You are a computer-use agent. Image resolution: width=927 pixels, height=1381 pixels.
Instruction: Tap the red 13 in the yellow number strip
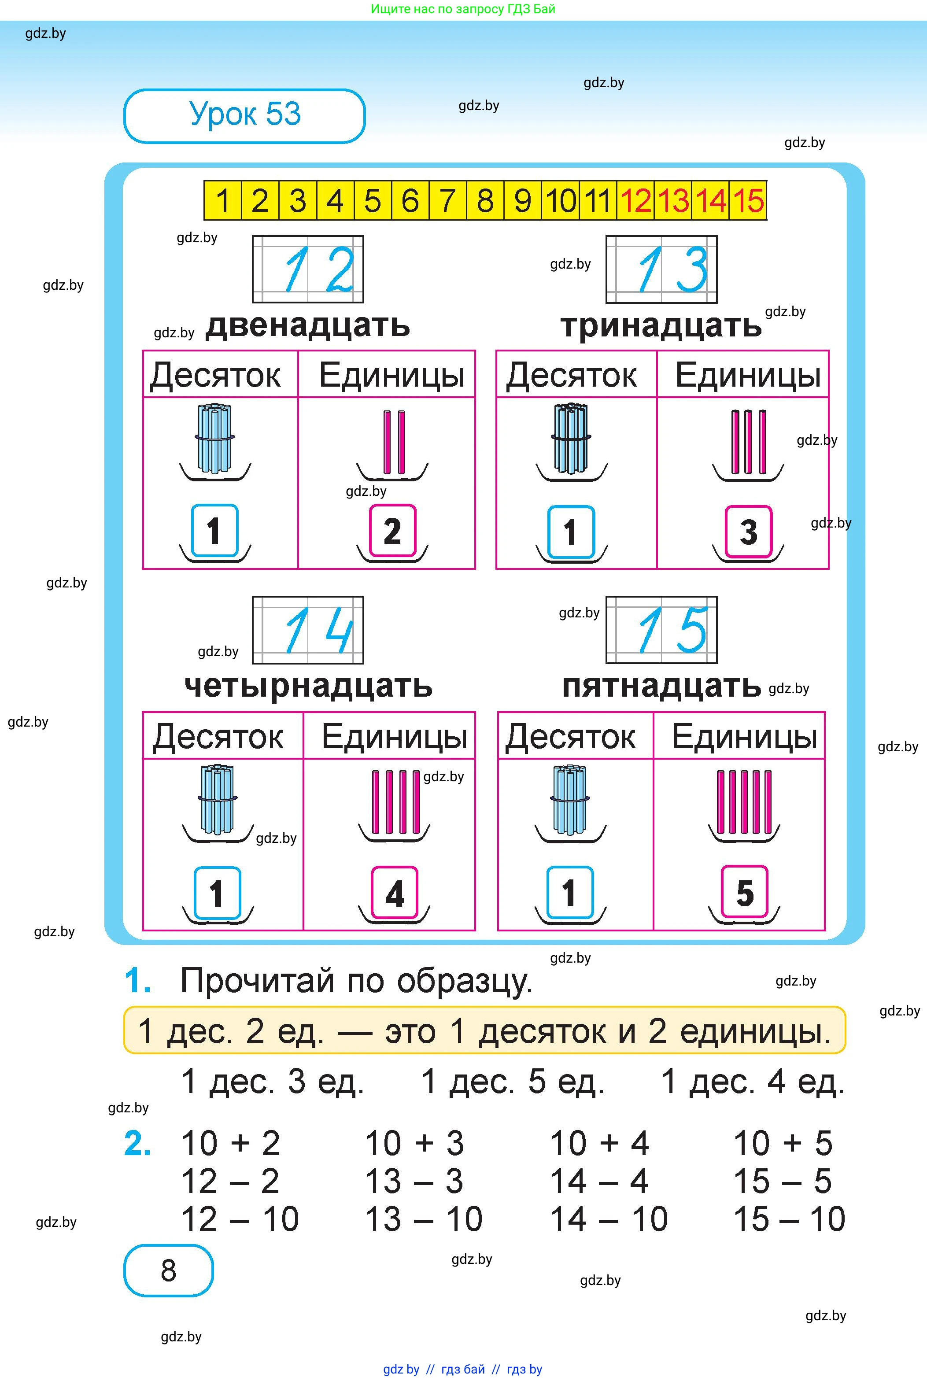[x=673, y=200]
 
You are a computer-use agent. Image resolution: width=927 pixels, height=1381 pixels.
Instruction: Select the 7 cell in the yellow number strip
[x=447, y=200]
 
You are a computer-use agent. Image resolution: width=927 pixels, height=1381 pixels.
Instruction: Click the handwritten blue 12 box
[x=307, y=270]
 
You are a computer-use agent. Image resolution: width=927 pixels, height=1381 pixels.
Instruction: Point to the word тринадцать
[x=661, y=326]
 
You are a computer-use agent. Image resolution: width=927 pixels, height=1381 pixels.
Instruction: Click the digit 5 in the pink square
[x=744, y=893]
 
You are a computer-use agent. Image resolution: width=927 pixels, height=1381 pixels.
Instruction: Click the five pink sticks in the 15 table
[x=744, y=801]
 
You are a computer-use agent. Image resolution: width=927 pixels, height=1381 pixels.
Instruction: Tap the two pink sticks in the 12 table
[x=394, y=442]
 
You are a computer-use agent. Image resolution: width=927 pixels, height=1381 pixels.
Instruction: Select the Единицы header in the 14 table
[x=394, y=737]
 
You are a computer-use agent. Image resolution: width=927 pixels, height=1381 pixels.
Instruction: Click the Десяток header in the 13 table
[x=571, y=375]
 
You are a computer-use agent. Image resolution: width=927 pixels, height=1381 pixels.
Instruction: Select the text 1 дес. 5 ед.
[x=512, y=1082]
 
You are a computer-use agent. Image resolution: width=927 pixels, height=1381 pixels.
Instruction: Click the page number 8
[x=169, y=1271]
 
